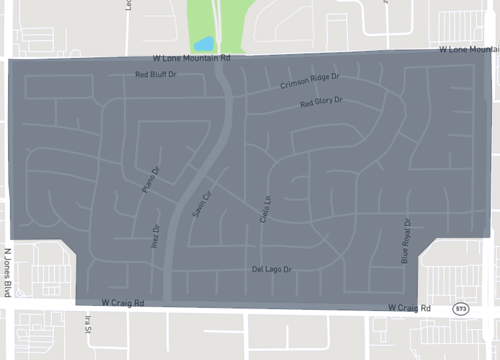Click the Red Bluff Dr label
[x=156, y=75]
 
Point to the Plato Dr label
[x=153, y=180]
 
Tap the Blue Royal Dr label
[x=406, y=241]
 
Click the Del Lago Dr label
[x=271, y=270]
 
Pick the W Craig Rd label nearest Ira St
[x=124, y=301]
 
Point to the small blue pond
[x=204, y=44]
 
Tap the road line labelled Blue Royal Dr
[x=414, y=250]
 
